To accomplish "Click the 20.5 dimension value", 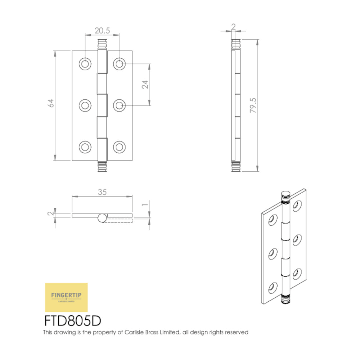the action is coord(102,31).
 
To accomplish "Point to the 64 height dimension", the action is coord(51,103).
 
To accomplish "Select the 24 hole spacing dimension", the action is coord(145,85).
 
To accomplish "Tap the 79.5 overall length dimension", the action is coord(253,105).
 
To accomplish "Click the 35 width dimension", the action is coord(102,192).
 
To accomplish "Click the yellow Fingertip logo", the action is coord(66,297).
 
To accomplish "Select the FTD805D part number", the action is coord(73,321).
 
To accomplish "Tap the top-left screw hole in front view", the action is coord(85,64).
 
